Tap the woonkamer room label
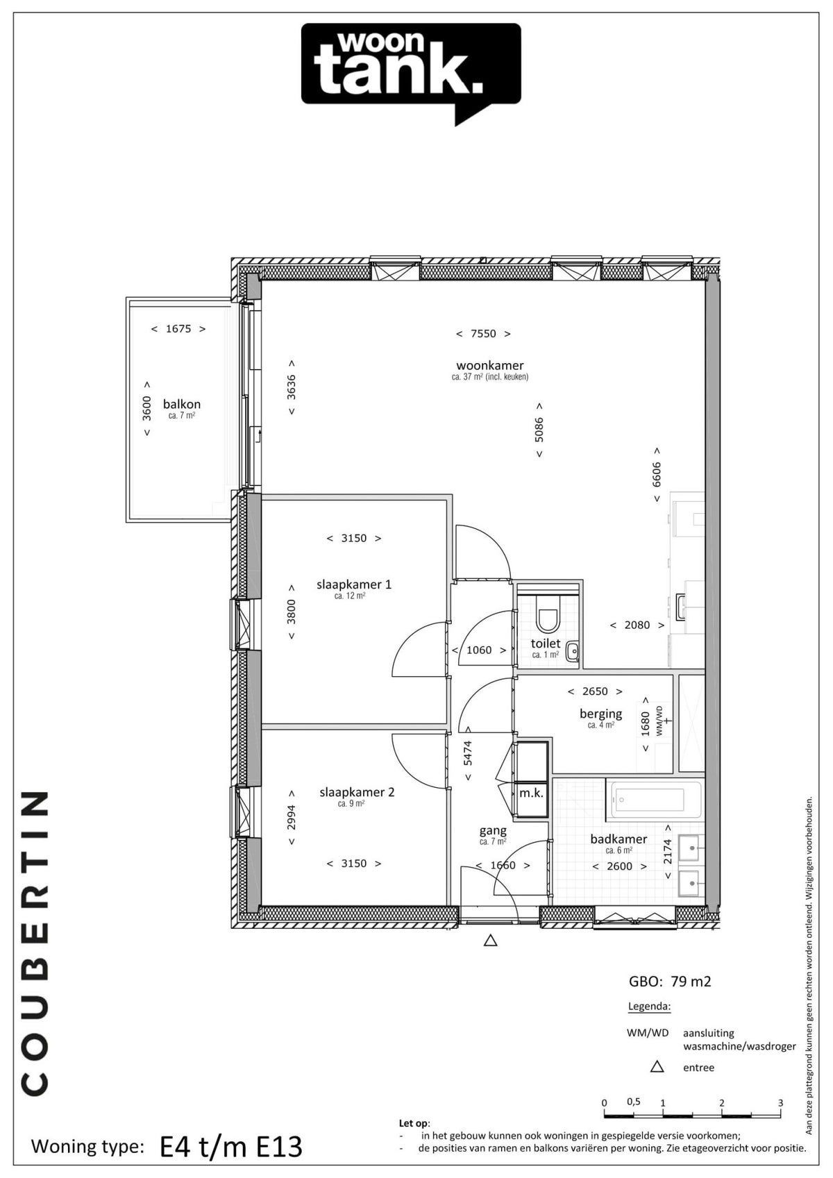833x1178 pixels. pyautogui.click(x=489, y=366)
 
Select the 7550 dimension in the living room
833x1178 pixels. pyautogui.click(x=483, y=333)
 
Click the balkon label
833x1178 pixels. pyautogui.click(x=181, y=404)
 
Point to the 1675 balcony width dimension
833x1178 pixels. pyautogui.click(x=178, y=328)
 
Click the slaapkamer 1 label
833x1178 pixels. pyautogui.click(x=354, y=584)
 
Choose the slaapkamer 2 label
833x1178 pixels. pyautogui.click(x=357, y=792)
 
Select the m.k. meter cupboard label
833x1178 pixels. pyautogui.click(x=531, y=793)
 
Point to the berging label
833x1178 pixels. pyautogui.click(x=600, y=714)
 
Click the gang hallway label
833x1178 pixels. pyautogui.click(x=493, y=831)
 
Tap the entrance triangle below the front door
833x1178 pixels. pyautogui.click(x=490, y=941)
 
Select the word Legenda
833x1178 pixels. pyautogui.click(x=650, y=1007)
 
